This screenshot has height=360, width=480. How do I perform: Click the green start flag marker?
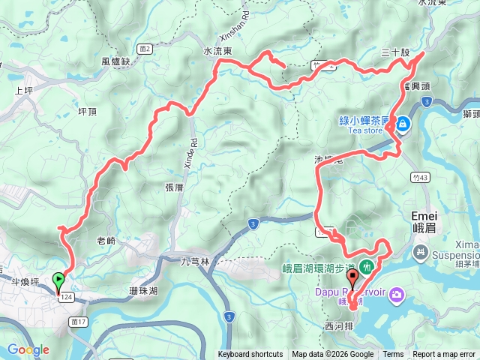(x=58, y=281)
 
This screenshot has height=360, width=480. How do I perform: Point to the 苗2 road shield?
(x=145, y=49)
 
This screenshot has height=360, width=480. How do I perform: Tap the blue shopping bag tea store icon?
(x=403, y=122)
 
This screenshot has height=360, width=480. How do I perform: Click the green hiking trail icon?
(x=367, y=265)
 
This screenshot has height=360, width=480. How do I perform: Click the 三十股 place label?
(x=395, y=53)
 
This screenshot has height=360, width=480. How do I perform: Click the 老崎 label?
(x=106, y=241)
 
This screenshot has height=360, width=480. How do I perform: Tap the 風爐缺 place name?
(x=115, y=62)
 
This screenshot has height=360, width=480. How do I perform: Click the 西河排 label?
(x=338, y=326)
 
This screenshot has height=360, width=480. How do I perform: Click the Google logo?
(x=28, y=349)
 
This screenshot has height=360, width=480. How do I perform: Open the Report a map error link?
(x=444, y=355)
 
